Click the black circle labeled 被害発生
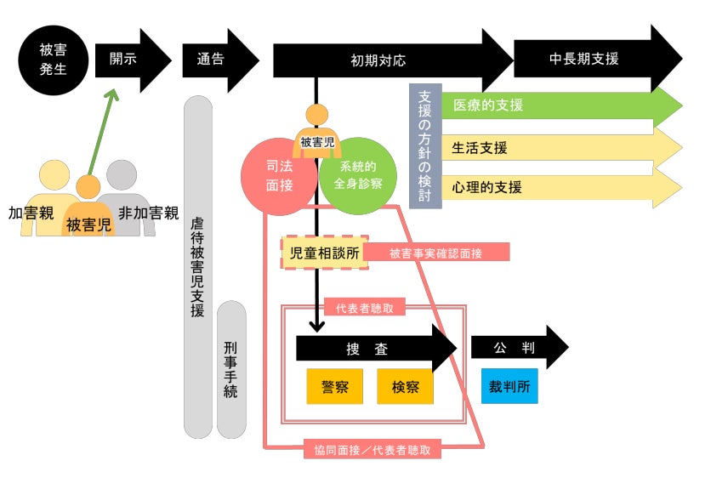tap(52, 60)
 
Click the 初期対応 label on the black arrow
tap(378, 60)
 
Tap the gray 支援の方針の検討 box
tap(425, 146)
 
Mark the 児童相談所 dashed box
tap(325, 253)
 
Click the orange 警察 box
tap(334, 386)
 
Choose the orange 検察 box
tap(405, 386)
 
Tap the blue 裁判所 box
tap(509, 386)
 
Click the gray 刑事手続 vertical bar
tap(231, 369)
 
